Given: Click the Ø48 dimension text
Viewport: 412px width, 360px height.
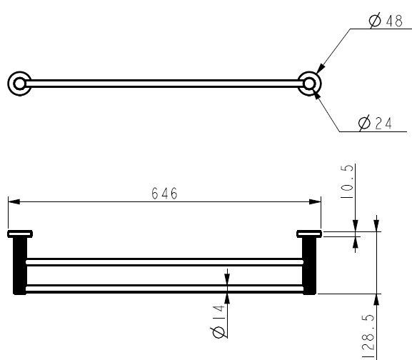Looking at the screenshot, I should (386, 21).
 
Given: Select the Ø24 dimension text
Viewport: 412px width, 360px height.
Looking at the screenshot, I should (377, 124).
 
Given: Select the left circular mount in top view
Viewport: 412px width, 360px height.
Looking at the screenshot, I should (18, 83).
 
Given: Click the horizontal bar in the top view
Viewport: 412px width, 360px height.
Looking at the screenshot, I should (164, 84).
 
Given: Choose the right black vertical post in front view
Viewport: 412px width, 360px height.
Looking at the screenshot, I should (308, 265).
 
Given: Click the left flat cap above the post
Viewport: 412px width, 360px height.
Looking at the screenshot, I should (20, 233).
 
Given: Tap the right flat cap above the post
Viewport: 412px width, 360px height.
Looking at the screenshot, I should (309, 233).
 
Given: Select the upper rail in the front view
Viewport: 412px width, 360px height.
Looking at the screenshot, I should (164, 261).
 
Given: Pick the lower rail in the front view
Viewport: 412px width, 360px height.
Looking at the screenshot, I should (164, 289).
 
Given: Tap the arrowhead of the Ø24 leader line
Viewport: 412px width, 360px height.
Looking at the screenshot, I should (317, 94).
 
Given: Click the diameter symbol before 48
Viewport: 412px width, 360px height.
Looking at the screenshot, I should (375, 21).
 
